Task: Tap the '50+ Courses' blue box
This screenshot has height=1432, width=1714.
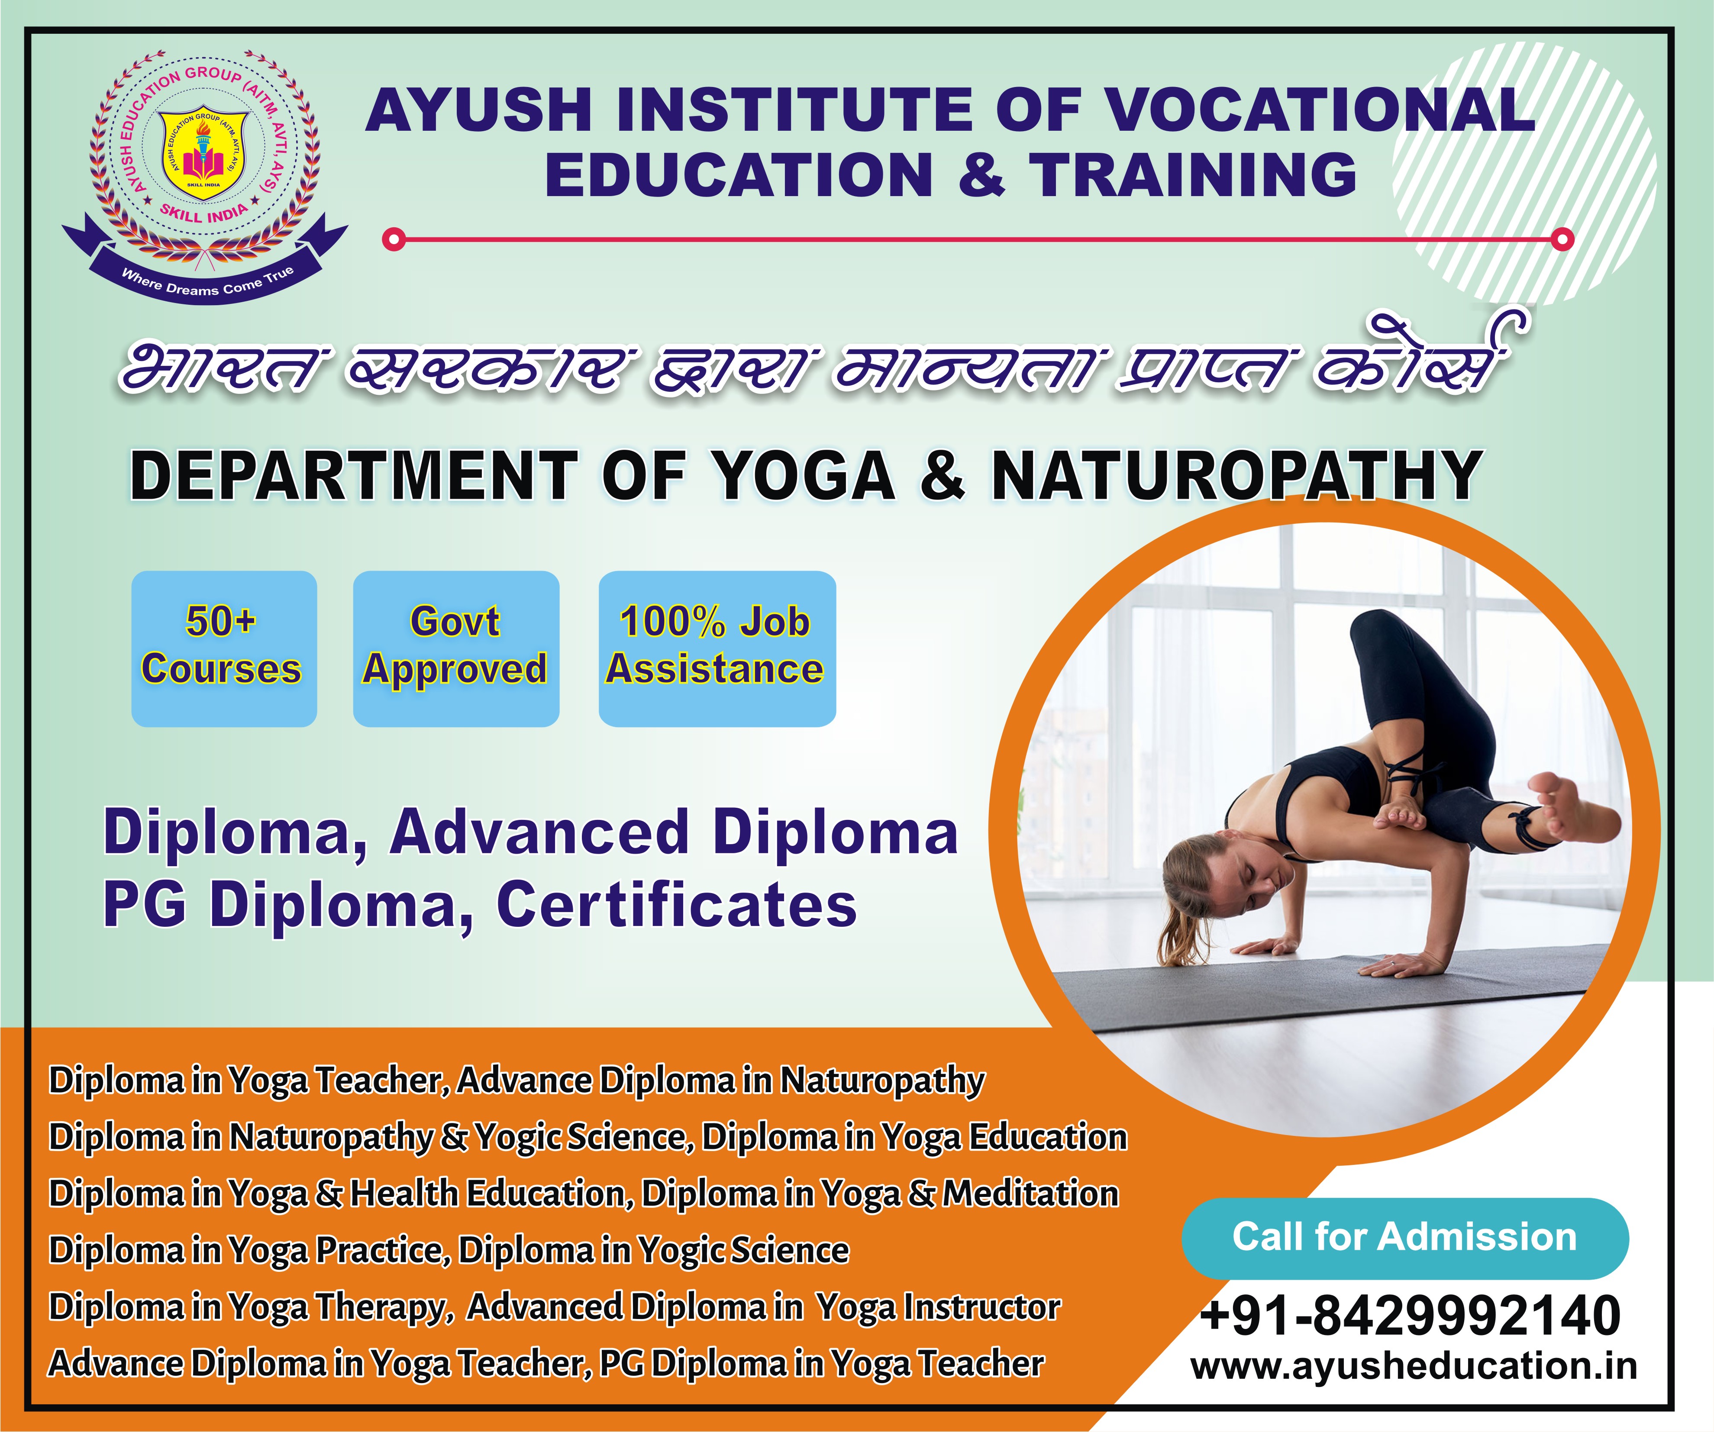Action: pyautogui.click(x=224, y=648)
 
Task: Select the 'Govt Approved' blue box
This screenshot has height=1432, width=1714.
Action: pyautogui.click(x=455, y=648)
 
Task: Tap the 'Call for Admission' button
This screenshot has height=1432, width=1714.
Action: pyautogui.click(x=1404, y=1238)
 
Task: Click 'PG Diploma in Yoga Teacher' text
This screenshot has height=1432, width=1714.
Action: pyautogui.click(x=822, y=1364)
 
